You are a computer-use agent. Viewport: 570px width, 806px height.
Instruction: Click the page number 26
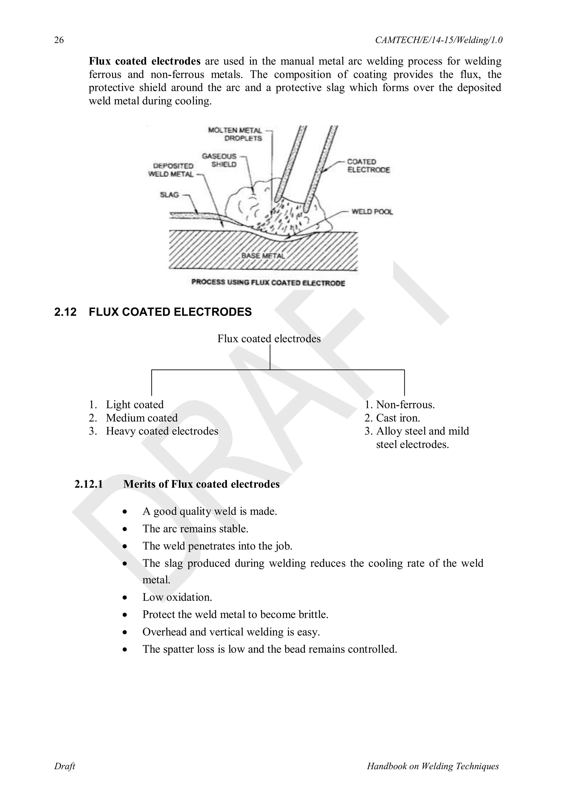pos(59,40)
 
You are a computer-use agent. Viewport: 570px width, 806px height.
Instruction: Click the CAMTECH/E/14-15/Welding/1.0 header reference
pos(438,40)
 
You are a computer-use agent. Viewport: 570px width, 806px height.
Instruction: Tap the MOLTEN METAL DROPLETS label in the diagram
pos(235,134)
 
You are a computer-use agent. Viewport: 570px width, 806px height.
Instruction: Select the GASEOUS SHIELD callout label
pos(219,160)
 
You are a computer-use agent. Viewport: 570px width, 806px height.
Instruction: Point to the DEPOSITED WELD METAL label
pos(171,170)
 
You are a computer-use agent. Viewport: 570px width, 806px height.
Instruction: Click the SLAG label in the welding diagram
pos(169,195)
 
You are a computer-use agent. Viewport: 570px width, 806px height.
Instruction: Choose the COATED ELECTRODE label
pos(368,166)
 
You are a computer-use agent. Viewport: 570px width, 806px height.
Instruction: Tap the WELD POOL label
pos(372,212)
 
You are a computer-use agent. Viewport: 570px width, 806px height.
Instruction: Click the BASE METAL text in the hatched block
pos(263,255)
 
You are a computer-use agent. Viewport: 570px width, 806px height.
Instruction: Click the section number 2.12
pos(65,312)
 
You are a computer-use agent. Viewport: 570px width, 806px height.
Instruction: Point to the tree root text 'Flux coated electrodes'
pos(269,339)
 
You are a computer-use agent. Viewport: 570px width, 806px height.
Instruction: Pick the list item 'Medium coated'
pos(142,418)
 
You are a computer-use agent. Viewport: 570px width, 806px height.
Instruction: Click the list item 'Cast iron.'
pos(398,418)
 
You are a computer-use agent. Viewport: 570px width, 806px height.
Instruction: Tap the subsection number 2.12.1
pos(89,484)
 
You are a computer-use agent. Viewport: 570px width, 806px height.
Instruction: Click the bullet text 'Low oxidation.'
pos(177,597)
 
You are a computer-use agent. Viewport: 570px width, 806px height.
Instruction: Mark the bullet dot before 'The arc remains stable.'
pos(125,529)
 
